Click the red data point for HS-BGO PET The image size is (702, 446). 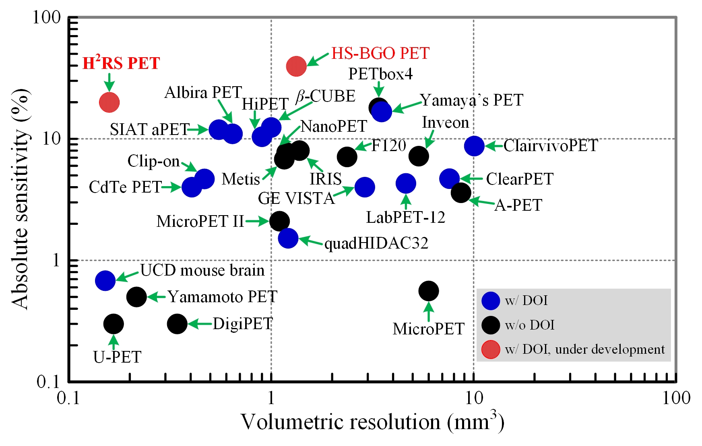(296, 66)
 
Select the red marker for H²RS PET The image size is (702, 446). (109, 102)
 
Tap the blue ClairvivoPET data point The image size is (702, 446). (474, 146)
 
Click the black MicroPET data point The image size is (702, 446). (429, 291)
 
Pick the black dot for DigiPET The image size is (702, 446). (177, 324)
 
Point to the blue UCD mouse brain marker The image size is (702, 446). (105, 280)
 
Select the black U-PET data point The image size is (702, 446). (114, 324)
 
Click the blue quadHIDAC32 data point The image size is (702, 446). (288, 238)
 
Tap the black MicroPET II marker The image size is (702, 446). (279, 221)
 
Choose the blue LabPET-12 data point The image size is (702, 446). (406, 184)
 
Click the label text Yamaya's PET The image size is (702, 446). (471, 100)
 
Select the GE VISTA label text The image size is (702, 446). (296, 198)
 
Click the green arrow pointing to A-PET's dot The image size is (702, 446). (481, 201)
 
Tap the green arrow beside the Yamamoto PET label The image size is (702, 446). (157, 297)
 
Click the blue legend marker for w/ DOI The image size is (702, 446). (491, 301)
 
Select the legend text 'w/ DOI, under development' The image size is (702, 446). (584, 349)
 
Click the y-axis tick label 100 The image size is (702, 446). (46, 17)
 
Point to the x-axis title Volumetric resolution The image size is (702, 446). (372, 422)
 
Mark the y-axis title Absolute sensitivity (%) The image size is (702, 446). (20, 199)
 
